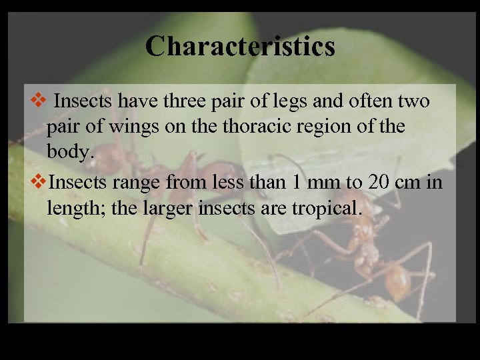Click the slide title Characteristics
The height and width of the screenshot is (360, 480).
[x=240, y=47]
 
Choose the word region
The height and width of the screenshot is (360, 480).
[x=338, y=127]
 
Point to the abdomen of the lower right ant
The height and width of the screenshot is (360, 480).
[x=399, y=280]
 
